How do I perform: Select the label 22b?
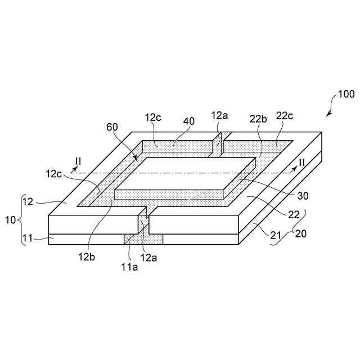point(258,118)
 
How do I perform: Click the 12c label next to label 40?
point(154,118)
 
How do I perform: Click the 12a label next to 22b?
point(220,116)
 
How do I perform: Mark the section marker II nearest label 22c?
point(301,162)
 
